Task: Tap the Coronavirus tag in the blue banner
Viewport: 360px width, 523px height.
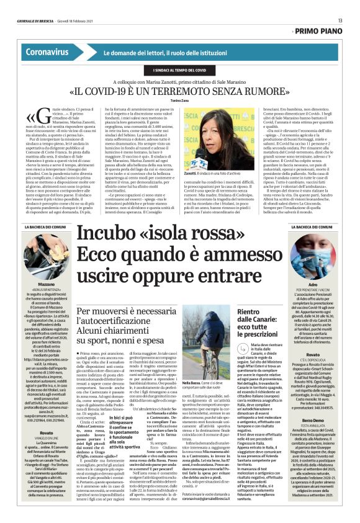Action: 47,53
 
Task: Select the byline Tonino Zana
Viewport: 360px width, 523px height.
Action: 180,99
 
